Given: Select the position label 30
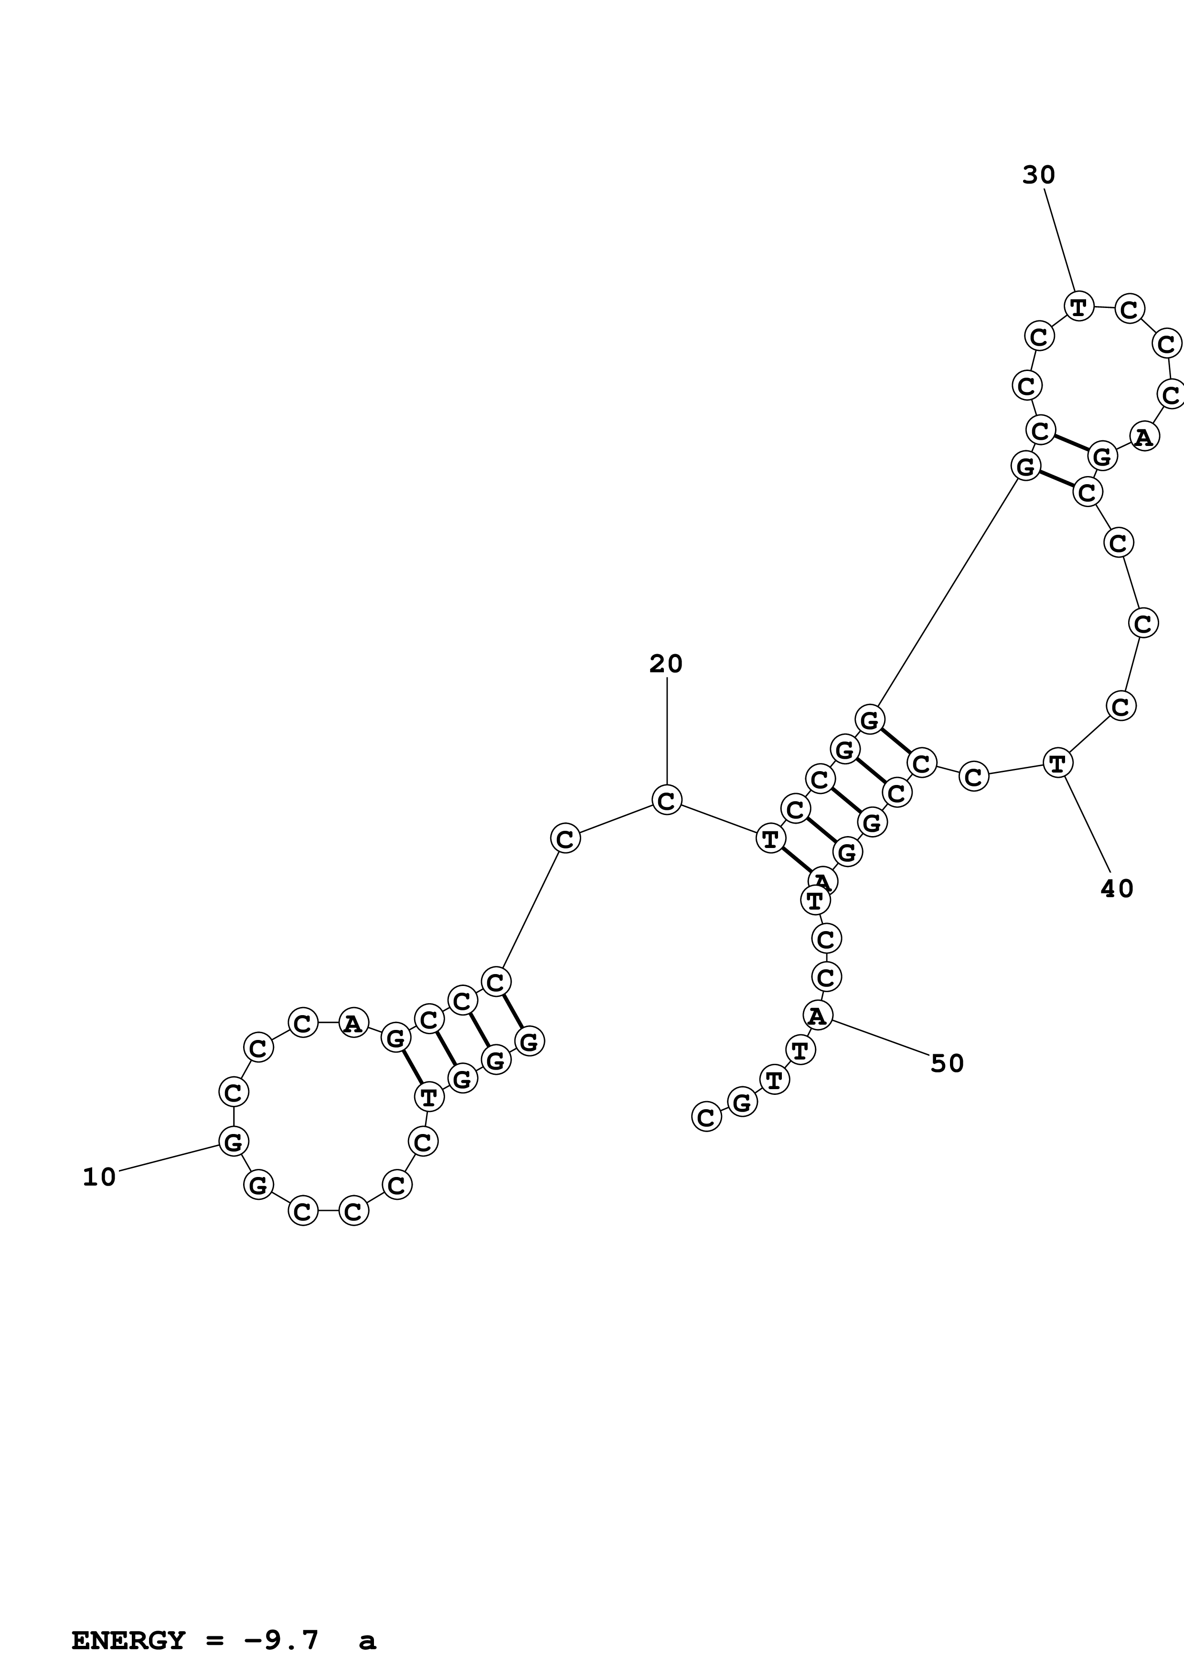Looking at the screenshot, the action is pos(1039,176).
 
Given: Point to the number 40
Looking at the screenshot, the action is pos(1117,889).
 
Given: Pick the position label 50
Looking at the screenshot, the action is pos(947,1064).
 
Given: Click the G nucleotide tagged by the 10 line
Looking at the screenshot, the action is pos(234,1141).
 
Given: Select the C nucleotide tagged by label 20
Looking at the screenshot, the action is pos(666,800).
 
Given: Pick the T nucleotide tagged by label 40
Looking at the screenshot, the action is pos(1057,763).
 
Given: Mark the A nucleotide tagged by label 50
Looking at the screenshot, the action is pos(818,1015).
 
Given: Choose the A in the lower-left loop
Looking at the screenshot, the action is pos(353,1024).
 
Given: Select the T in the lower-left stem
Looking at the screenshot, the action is pos(429,1096).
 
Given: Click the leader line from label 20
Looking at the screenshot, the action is pos(666,730).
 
